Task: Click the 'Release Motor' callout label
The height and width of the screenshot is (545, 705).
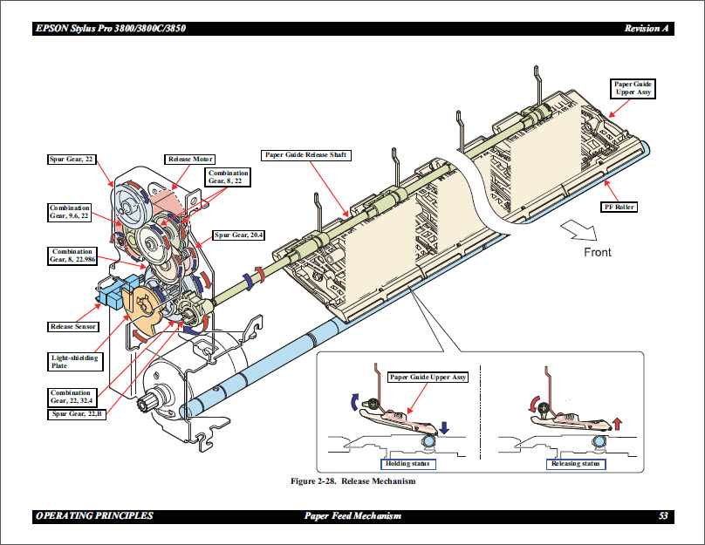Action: click(x=190, y=160)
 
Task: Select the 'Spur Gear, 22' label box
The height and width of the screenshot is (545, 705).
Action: click(x=72, y=160)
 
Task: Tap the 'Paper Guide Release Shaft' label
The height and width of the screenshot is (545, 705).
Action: click(x=305, y=155)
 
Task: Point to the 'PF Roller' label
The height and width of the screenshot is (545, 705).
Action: click(x=619, y=208)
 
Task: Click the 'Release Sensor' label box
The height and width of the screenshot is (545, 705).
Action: click(x=73, y=327)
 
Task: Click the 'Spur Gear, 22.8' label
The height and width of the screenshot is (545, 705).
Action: click(x=75, y=413)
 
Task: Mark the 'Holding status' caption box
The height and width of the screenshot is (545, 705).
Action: click(x=409, y=464)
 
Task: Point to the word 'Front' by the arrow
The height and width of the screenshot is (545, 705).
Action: click(x=597, y=253)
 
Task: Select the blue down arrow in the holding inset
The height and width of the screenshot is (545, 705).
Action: click(x=444, y=427)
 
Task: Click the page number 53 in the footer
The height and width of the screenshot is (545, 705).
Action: click(x=663, y=516)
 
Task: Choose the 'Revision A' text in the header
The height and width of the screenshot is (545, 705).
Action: click(x=647, y=29)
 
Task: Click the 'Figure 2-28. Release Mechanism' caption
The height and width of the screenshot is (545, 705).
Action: click(x=352, y=481)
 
